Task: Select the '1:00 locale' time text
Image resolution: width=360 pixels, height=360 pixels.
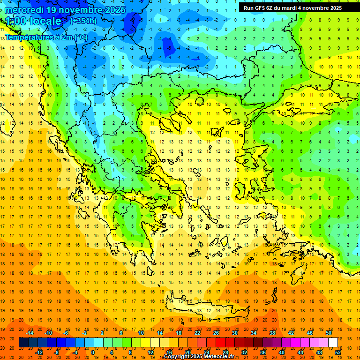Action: coord(33,21)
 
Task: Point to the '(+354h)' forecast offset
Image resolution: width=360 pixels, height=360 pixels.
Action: coord(83,21)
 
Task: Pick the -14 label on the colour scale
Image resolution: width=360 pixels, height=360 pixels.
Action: coord(30,333)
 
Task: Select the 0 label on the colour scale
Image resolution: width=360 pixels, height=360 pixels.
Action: coord(93,352)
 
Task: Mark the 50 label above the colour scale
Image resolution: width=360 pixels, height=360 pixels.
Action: coord(328,333)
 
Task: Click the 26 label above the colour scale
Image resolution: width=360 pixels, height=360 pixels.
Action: coord(216,333)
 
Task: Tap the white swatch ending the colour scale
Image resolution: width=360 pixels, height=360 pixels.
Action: coord(333,343)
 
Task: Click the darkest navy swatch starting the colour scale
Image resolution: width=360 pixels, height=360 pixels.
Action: coord(23,343)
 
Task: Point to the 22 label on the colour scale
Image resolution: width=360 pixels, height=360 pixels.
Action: coord(197,333)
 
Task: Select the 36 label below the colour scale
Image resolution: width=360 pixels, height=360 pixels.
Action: coord(262,352)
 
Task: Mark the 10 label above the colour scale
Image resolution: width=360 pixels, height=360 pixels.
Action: coord(141,333)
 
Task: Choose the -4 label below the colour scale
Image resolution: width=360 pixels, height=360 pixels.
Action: coord(74,352)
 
